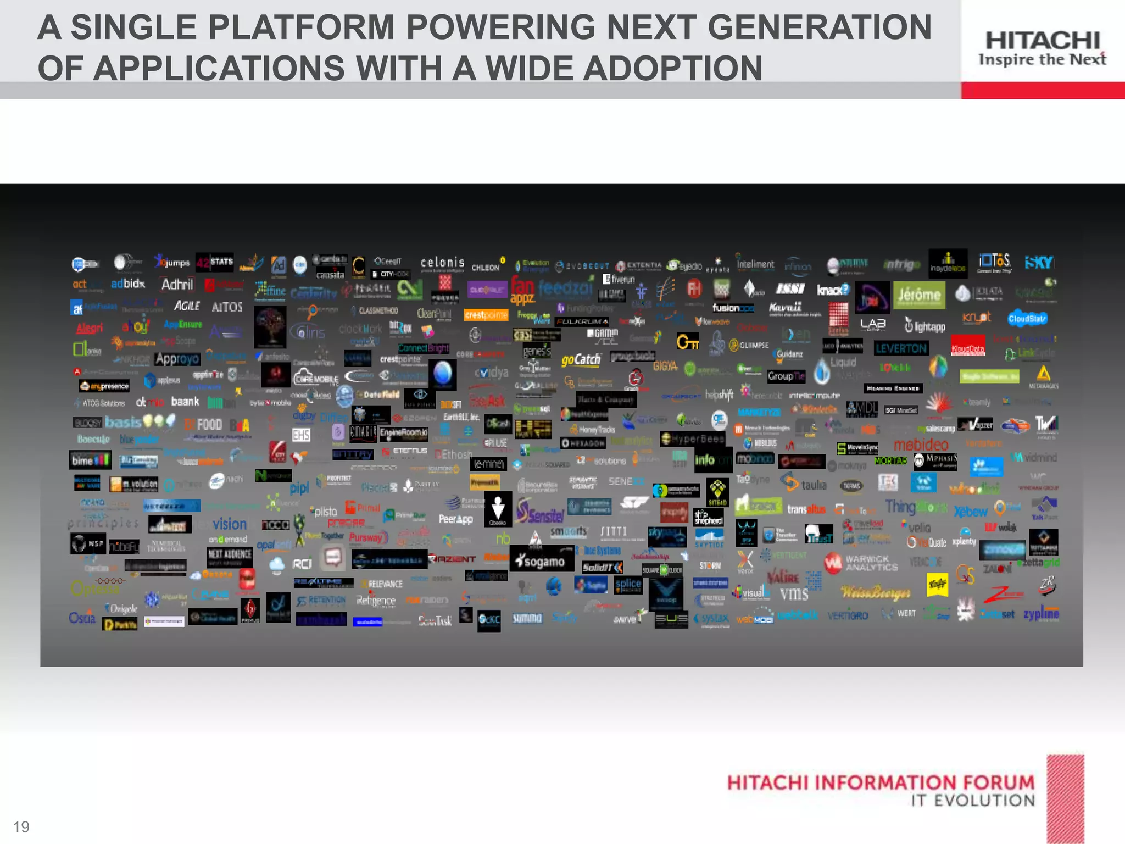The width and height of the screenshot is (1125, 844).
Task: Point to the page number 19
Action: pyautogui.click(x=21, y=826)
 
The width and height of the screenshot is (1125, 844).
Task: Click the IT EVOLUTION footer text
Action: pyautogui.click(x=973, y=800)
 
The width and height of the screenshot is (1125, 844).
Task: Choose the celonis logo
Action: pyautogui.click(x=442, y=263)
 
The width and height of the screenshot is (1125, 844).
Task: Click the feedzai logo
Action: pyautogui.click(x=565, y=287)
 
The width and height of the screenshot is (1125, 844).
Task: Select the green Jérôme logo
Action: pyautogui.click(x=919, y=296)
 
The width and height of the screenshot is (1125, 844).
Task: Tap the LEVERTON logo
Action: pyautogui.click(x=901, y=348)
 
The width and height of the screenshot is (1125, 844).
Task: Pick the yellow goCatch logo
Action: pyautogui.click(x=581, y=360)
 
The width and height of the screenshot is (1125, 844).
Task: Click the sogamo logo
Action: pyautogui.click(x=541, y=561)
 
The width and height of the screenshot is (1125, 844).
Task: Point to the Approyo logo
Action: pyautogui.click(x=177, y=359)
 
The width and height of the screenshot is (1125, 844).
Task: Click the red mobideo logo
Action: pyautogui.click(x=921, y=444)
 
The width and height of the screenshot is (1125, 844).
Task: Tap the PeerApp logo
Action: pyautogui.click(x=455, y=519)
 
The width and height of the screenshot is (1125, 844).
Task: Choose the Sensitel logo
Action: pyautogui.click(x=541, y=513)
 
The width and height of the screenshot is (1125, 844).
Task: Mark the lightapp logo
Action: pyautogui.click(x=925, y=326)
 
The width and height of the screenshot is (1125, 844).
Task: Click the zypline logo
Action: pyautogui.click(x=1041, y=613)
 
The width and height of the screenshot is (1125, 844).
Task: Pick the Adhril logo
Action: pyautogui.click(x=177, y=284)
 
